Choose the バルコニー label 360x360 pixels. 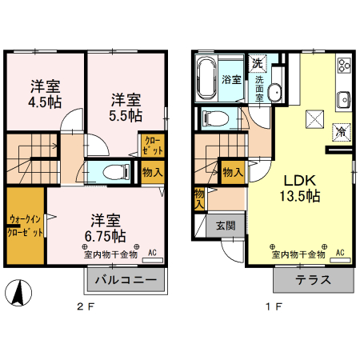[127, 280]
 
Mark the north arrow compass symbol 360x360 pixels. [15, 294]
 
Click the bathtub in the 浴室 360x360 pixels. [206, 78]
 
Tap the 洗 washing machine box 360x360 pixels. [257, 63]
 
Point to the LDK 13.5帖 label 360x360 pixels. [299, 187]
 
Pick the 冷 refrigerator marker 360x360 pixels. [341, 131]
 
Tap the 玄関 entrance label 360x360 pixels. [226, 226]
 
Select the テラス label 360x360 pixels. [313, 280]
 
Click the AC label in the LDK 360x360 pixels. [339, 253]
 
